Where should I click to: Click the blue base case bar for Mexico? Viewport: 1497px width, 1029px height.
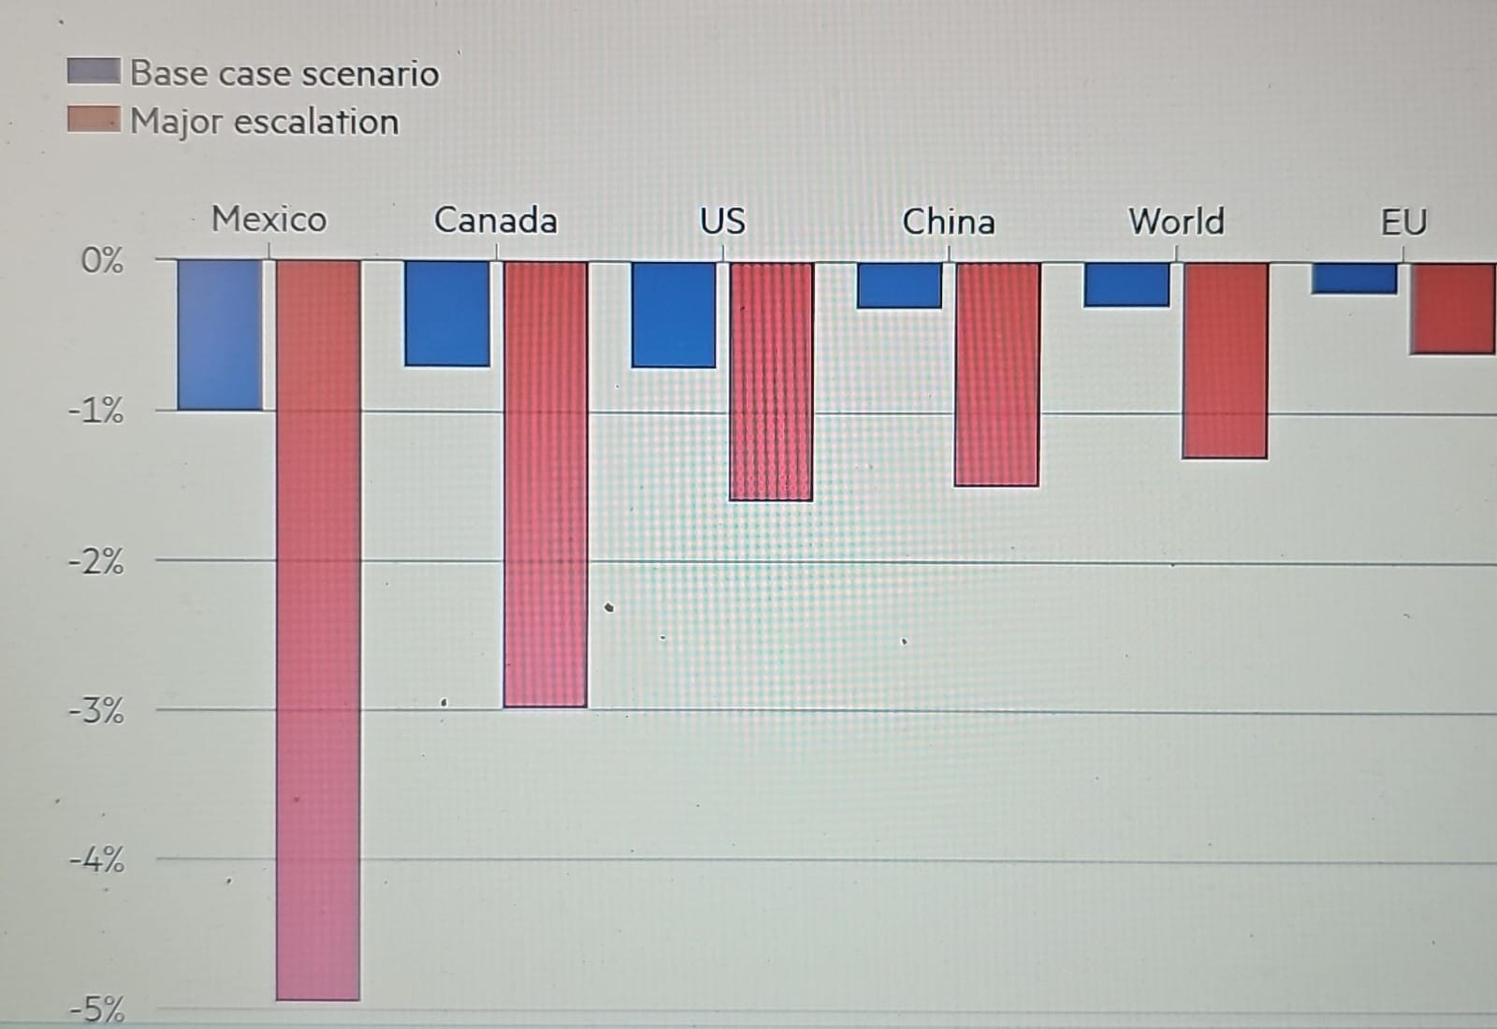click(220, 335)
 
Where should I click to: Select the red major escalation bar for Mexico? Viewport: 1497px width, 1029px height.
click(318, 630)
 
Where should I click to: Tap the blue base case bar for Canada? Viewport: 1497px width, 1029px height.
click(446, 313)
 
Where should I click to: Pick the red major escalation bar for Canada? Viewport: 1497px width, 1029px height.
click(545, 484)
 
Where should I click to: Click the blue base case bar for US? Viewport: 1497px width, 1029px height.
click(674, 314)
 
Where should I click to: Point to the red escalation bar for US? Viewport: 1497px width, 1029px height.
click(771, 381)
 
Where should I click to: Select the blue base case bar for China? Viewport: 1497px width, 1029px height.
click(899, 285)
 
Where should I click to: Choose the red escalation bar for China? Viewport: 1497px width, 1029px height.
click(996, 373)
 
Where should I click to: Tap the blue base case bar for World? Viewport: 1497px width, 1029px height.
click(1126, 284)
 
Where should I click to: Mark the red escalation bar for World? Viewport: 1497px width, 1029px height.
click(1226, 360)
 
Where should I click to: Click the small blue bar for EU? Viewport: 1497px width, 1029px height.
click(1354, 278)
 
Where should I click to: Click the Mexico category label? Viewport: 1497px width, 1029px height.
click(269, 219)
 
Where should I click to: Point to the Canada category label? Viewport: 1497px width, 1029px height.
click(495, 221)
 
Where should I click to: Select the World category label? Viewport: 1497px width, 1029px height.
click(1176, 222)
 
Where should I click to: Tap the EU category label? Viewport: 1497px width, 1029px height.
click(1403, 223)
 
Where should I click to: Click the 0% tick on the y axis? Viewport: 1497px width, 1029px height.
click(102, 260)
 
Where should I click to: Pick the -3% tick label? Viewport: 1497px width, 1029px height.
click(96, 711)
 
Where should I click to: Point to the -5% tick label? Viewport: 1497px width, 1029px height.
click(96, 1009)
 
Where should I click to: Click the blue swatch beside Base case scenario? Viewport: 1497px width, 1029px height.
click(94, 71)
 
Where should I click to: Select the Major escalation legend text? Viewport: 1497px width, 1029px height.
click(265, 122)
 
